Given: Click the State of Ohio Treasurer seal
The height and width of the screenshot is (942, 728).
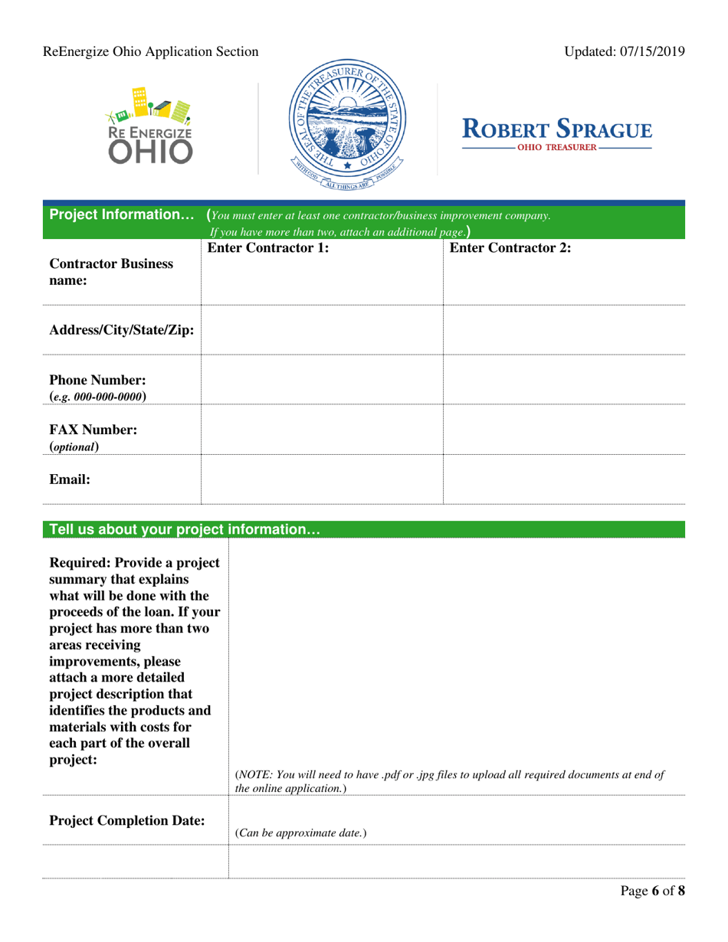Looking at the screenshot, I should point(349,126).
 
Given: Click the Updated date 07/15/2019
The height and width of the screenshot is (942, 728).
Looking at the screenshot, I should point(624,52).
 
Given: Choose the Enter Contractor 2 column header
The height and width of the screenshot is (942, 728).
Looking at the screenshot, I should point(510,248).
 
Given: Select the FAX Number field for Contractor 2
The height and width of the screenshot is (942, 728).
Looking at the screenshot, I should point(565,430).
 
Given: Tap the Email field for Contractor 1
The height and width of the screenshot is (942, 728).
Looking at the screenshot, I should point(322,479).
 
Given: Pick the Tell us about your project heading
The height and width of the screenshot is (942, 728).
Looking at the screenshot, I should point(184,529).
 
